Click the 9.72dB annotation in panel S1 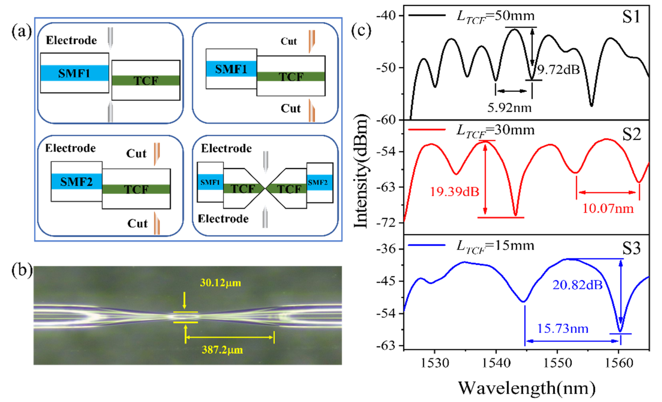[x=558, y=70]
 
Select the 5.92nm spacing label [x=509, y=108]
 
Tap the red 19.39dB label [x=455, y=192]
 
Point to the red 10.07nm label [x=608, y=208]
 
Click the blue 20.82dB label [x=577, y=285]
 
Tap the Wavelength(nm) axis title [x=527, y=388]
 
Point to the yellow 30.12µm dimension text [x=220, y=283]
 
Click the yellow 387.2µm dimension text [x=222, y=350]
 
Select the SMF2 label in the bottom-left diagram [x=76, y=182]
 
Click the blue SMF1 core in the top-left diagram [x=74, y=73]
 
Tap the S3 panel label [x=631, y=248]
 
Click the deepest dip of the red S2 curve [x=515, y=215]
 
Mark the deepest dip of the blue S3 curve [x=620, y=331]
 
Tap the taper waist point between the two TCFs [x=265, y=189]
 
